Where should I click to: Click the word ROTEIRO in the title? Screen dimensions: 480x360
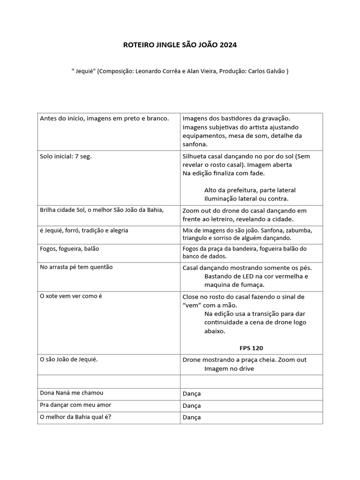pos(136,45)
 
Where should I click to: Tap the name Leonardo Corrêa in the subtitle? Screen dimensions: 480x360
pos(155,71)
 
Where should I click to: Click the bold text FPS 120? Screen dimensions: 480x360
pos(251,348)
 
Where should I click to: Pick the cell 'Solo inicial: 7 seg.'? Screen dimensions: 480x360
pos(66,157)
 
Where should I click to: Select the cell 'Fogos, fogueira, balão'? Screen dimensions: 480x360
pos(69,248)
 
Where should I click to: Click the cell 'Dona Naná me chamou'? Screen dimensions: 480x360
pos(72,393)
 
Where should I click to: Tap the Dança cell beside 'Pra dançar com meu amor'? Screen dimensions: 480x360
pos(192,405)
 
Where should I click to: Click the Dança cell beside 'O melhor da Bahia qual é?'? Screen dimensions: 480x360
pos(192,418)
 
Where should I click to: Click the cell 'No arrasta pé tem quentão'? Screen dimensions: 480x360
pos(76,267)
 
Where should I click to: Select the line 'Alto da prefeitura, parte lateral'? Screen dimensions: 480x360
pos(250,190)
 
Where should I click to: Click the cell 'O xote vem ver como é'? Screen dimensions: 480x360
pos(71,296)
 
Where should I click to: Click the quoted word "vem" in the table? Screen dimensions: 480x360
pos(191,306)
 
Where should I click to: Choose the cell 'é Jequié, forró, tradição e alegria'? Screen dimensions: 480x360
pos(84,231)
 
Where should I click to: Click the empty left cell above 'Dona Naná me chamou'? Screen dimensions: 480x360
pos(109,382)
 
